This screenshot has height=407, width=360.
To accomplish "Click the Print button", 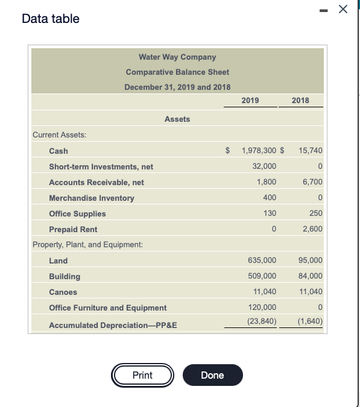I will [x=142, y=375].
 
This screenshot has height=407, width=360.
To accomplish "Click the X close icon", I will [x=343, y=9].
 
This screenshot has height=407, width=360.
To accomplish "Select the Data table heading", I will [x=51, y=19].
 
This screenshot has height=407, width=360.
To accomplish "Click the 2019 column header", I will [x=250, y=100].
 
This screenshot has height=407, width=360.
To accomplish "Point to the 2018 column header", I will [x=300, y=100].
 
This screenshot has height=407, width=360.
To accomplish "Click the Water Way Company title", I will [x=177, y=57].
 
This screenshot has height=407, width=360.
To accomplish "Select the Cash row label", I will [x=58, y=151].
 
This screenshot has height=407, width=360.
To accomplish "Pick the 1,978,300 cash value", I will [x=259, y=151].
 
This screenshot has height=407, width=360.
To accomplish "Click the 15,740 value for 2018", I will [x=311, y=151].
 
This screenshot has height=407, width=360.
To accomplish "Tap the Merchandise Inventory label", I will [x=92, y=198].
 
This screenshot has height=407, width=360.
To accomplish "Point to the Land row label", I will [x=58, y=260].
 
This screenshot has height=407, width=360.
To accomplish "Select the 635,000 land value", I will [x=262, y=260].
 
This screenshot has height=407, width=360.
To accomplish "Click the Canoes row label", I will [x=63, y=292].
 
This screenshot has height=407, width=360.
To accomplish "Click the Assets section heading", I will [x=177, y=119].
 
